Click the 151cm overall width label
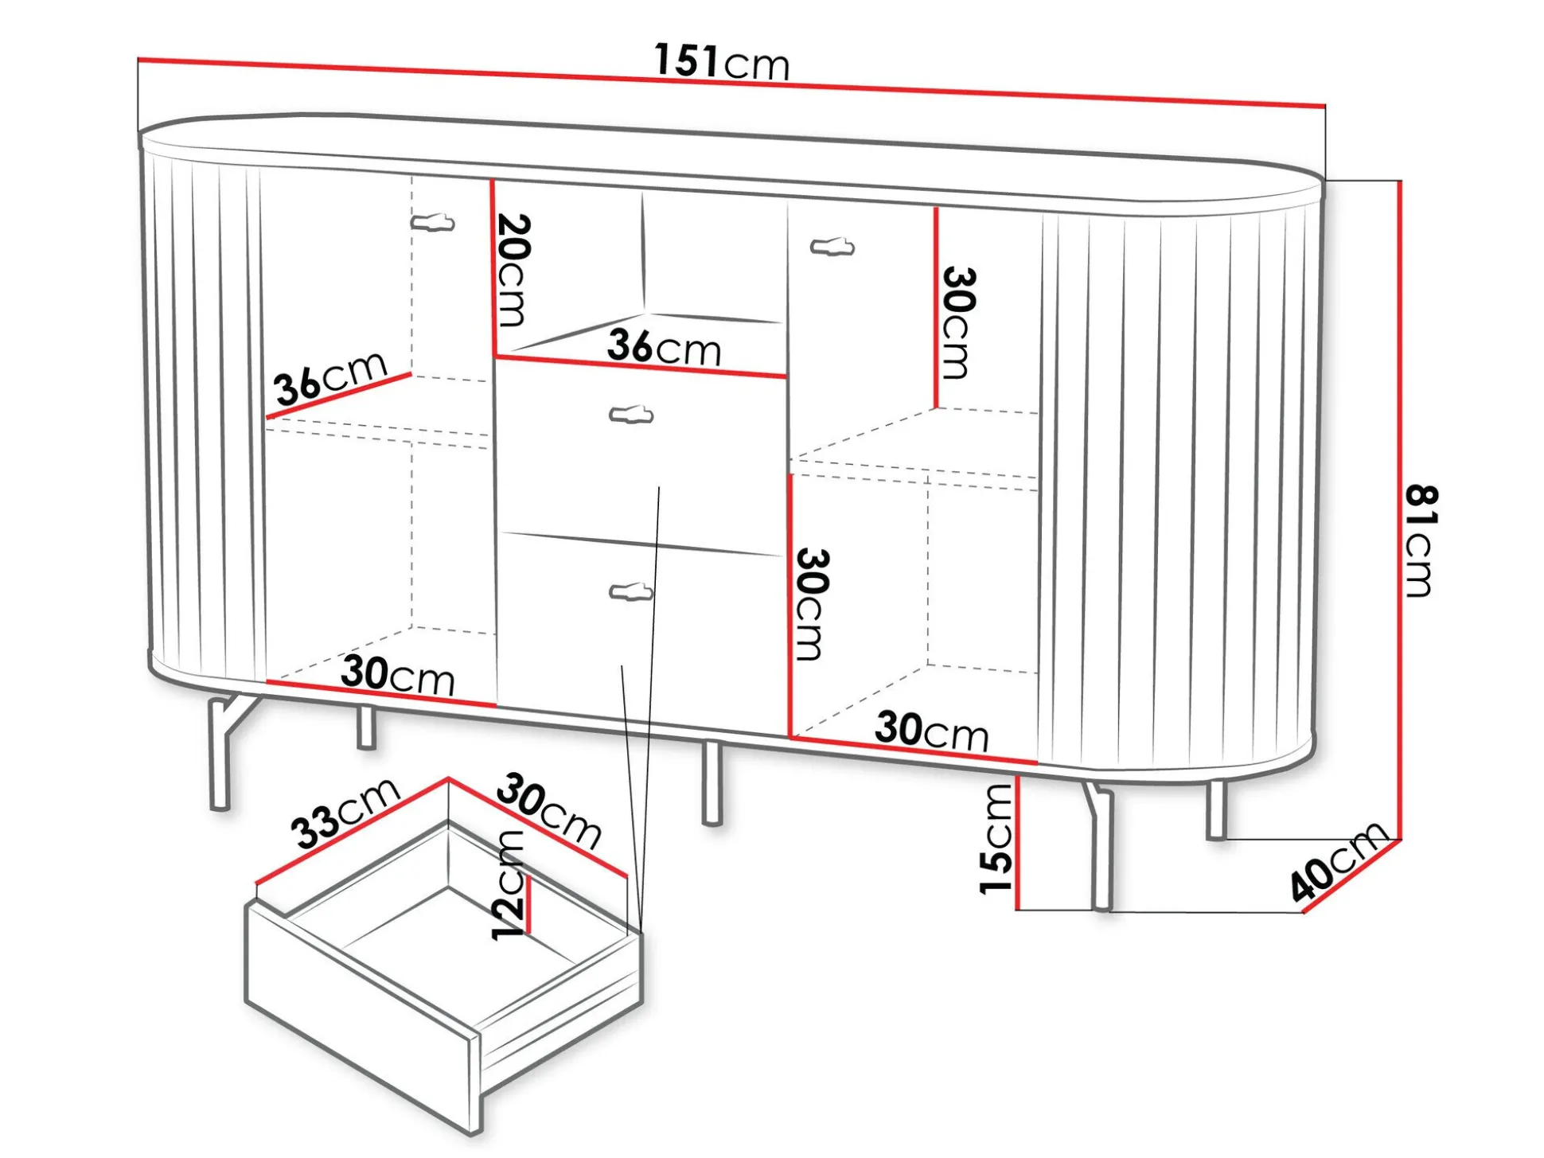[x=722, y=61]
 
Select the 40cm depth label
[x=1339, y=860]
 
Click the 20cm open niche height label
[x=511, y=270]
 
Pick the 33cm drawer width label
[x=345, y=813]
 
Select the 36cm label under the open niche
[x=664, y=347]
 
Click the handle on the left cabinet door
[x=432, y=222]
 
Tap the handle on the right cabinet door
[x=832, y=247]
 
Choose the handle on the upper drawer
[x=631, y=415]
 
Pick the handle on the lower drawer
[x=631, y=591]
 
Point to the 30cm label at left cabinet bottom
[x=398, y=675]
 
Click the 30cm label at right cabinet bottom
[x=932, y=731]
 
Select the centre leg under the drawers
[x=712, y=782]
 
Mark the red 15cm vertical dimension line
[x=1018, y=843]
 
